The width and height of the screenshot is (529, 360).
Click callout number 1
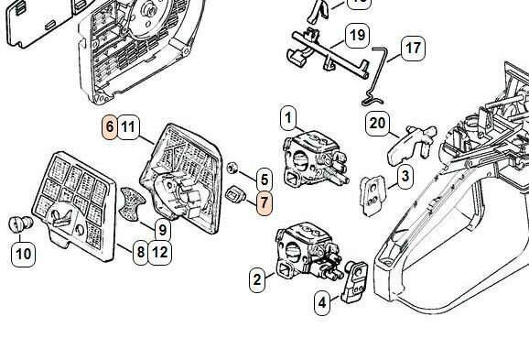click(288, 117)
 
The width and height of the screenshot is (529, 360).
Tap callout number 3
click(404, 175)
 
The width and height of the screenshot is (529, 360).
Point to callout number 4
click(322, 301)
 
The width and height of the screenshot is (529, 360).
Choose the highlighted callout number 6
click(109, 127)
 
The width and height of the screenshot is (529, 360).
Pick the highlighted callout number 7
click(264, 203)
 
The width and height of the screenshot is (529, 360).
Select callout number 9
click(160, 232)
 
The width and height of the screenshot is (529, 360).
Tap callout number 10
click(24, 253)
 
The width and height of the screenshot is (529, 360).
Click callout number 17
click(413, 47)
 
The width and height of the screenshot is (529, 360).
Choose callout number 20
click(377, 123)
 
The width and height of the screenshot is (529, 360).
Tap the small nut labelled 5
click(235, 167)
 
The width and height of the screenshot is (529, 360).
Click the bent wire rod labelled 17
click(378, 73)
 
